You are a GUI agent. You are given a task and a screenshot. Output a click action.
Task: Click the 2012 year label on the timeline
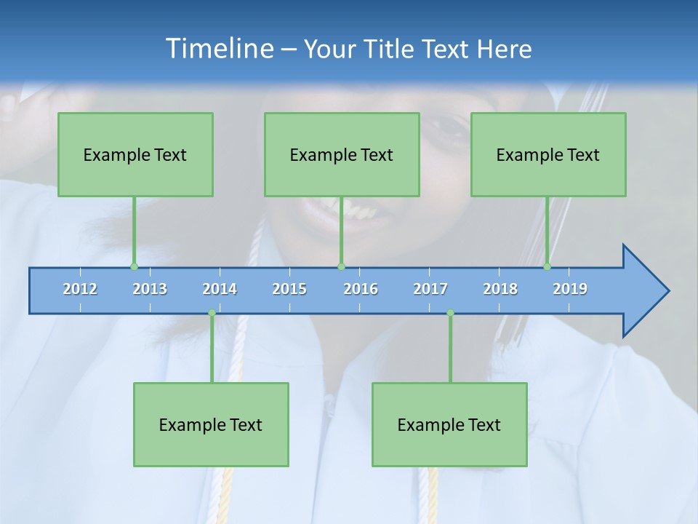80,289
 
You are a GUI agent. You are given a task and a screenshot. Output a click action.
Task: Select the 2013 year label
150,289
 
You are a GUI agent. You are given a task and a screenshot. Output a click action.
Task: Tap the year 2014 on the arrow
220,289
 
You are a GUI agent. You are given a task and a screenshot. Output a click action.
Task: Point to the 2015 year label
289,289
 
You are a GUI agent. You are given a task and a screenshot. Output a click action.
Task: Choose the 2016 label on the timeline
361,289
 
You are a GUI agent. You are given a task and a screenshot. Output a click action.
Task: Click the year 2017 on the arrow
430,289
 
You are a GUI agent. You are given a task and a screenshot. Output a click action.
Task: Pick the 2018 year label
500,289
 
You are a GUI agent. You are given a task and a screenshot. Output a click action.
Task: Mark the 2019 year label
570,289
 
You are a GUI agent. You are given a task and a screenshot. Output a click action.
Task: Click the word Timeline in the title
218,49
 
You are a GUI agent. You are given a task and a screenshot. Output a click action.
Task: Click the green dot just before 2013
134,266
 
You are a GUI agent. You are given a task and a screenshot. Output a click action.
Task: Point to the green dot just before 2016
341,266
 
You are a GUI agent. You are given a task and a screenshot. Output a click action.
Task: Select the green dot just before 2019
547,266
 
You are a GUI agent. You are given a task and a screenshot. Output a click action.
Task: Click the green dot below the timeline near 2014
212,313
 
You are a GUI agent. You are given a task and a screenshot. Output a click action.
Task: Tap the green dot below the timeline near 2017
450,313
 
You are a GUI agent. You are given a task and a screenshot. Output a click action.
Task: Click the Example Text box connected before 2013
135,154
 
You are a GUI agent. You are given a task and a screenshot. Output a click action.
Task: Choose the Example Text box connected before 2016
342,154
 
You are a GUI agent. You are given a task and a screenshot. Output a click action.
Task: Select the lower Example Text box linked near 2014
211,424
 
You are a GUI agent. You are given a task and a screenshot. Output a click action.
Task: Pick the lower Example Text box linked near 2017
449,424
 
